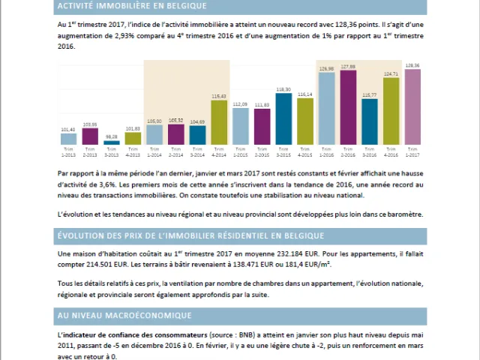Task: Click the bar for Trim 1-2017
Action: tap(412, 106)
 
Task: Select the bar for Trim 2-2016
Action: tap(348, 106)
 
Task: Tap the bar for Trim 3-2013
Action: tap(111, 142)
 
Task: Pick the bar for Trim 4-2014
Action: tap(219, 122)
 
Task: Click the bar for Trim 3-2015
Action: tap(283, 118)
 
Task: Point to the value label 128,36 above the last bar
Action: tap(412, 65)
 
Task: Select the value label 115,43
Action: tap(219, 96)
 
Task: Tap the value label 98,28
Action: tap(111, 136)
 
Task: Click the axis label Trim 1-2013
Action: tap(68, 151)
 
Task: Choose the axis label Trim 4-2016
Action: tap(391, 151)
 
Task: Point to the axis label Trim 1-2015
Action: tap(240, 151)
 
